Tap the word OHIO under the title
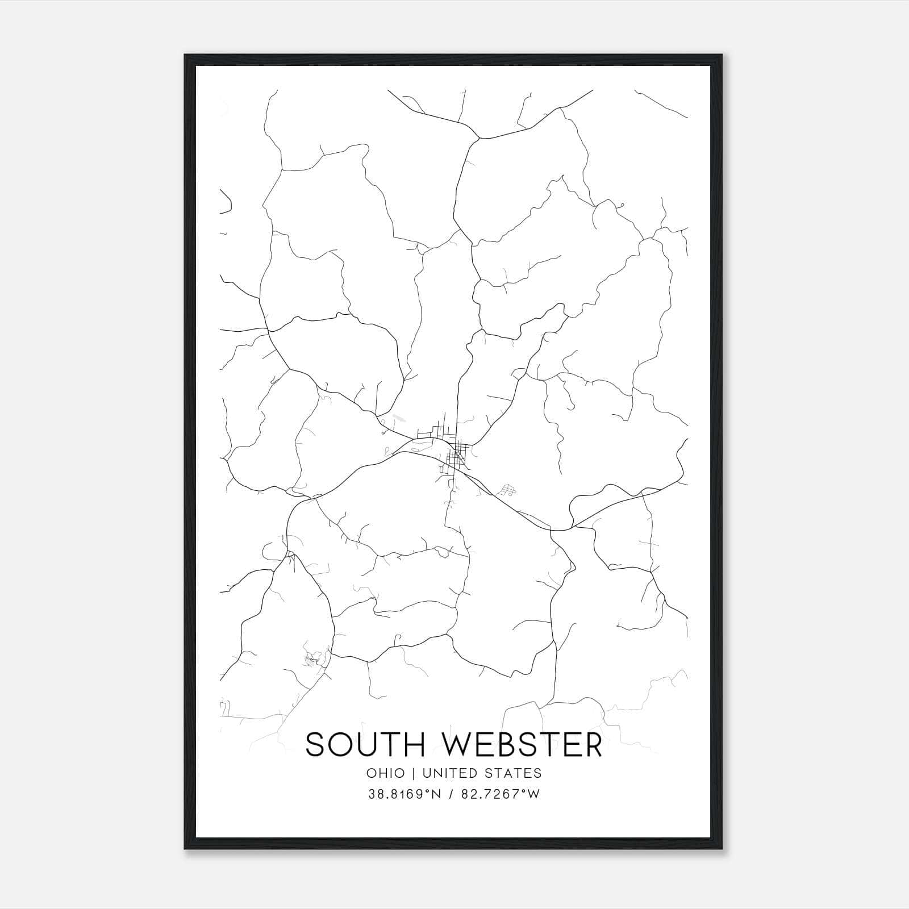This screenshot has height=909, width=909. (386, 773)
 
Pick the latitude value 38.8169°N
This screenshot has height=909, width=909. (405, 794)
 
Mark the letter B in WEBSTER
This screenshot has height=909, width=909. (512, 744)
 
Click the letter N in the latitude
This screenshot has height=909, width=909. (436, 794)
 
